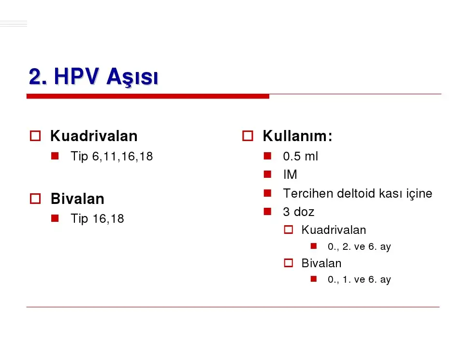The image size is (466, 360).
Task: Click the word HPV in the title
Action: coord(76,77)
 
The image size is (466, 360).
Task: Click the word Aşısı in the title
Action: coord(132,77)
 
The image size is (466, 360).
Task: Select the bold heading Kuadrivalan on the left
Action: coord(94,136)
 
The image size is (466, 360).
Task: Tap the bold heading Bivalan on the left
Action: coord(77,199)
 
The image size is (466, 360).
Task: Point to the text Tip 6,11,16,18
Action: coord(112,156)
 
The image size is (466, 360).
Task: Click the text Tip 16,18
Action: coord(97,218)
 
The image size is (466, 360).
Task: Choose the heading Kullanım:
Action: coord(297,136)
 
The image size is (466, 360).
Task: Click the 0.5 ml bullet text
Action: coord(301,156)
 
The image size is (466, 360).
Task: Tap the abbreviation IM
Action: coord(290,174)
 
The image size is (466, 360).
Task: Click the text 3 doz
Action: coord(299,212)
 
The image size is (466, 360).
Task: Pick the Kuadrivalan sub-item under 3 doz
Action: coord(334,230)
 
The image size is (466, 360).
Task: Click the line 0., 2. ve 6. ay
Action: coord(359,246)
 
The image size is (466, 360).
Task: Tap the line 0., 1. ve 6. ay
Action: coord(359,279)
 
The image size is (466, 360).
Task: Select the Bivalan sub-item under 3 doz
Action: coord(321,263)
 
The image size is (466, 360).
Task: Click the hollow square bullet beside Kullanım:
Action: coord(248,136)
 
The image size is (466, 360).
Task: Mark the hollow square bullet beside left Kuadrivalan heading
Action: coord(35,136)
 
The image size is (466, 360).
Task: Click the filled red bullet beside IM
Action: coord(267,174)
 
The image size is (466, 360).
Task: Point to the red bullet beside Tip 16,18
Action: coord(55,218)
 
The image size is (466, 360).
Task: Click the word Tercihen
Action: coord(308,193)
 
